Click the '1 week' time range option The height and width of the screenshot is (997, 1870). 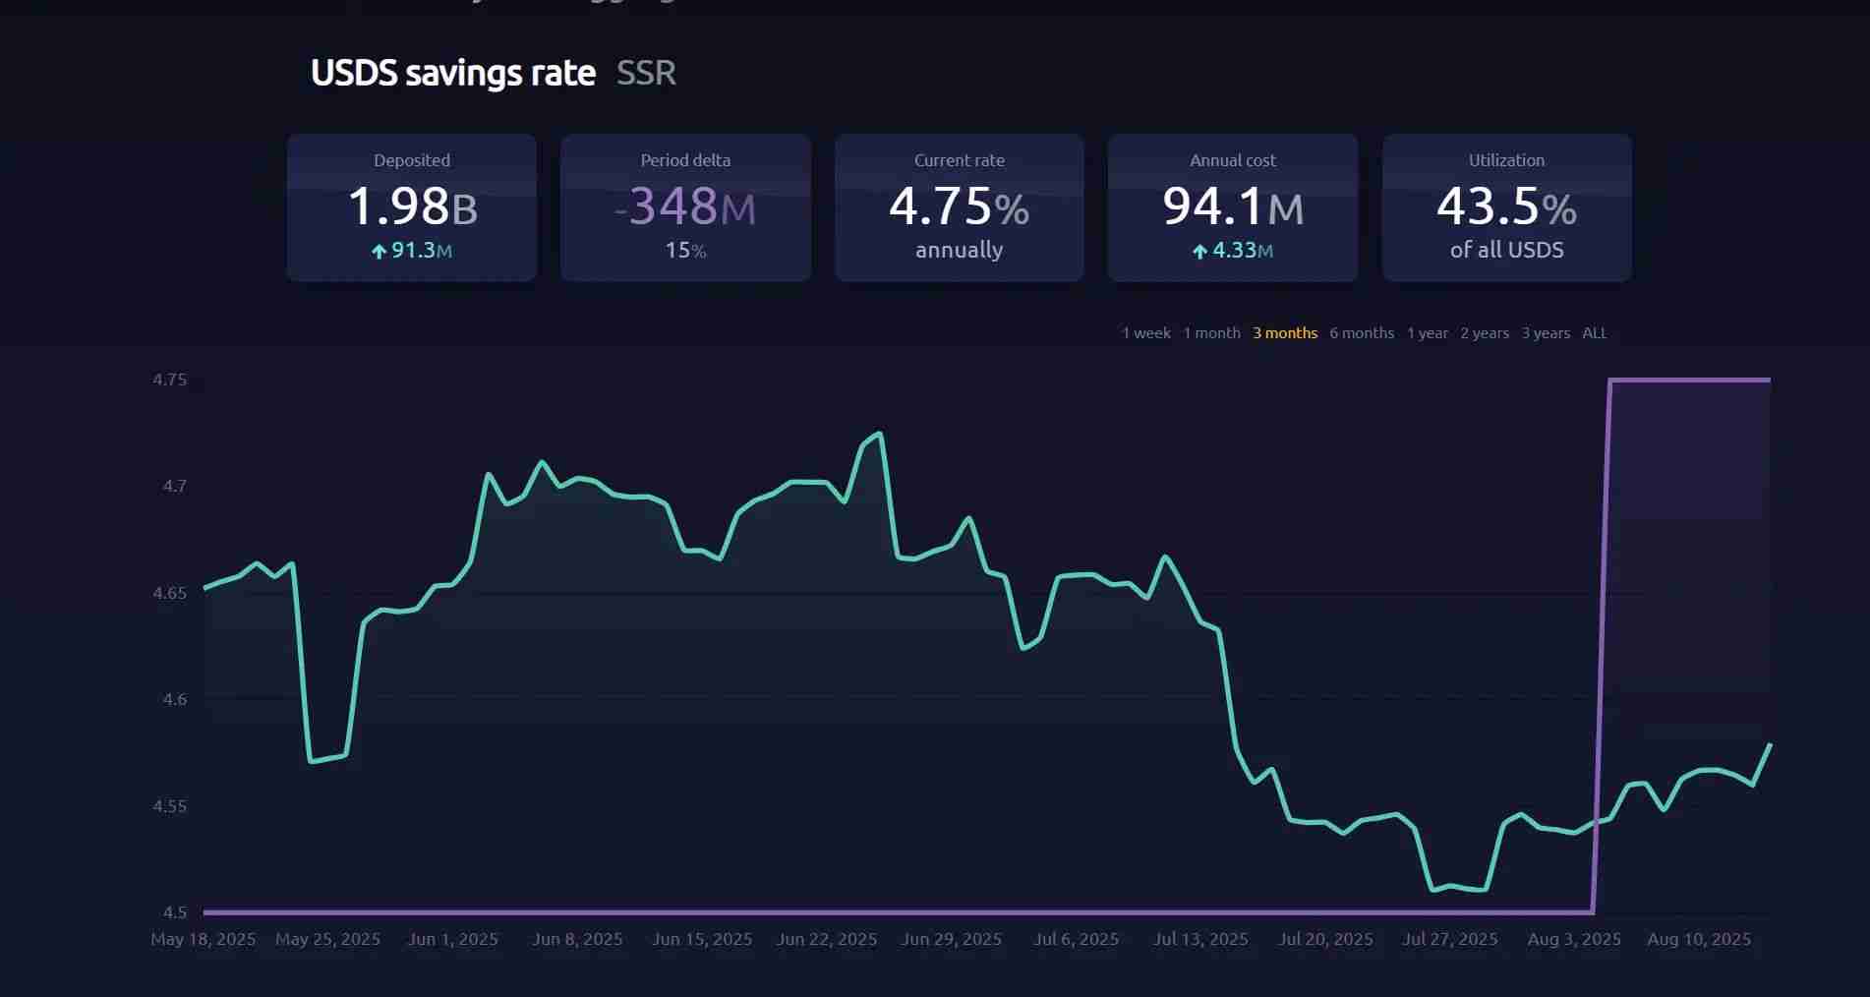point(1145,333)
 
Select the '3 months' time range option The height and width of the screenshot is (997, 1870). point(1284,333)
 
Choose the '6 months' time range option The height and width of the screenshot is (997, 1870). point(1361,333)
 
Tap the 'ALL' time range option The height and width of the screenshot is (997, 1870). point(1594,333)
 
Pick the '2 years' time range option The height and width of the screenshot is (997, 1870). point(1484,333)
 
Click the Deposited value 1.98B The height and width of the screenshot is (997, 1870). point(412,206)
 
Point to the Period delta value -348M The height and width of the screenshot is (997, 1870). point(685,206)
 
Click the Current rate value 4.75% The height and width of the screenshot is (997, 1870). point(959,206)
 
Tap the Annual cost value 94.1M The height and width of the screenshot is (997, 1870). point(1232,206)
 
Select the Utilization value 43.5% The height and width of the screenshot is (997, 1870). point(1506,206)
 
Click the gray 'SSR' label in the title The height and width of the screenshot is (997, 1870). point(646,73)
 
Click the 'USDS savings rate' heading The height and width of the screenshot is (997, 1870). point(452,73)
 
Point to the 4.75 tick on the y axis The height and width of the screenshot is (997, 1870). point(169,380)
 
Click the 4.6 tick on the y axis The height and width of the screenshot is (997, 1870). point(174,699)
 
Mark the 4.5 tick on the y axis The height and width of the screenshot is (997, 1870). point(174,912)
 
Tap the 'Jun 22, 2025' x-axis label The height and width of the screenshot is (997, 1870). point(826,939)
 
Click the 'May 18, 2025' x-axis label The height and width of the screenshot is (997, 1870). point(203,939)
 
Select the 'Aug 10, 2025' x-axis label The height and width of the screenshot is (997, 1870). point(1698,939)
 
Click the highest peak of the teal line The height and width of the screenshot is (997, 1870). point(879,433)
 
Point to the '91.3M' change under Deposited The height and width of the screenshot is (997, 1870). point(412,251)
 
